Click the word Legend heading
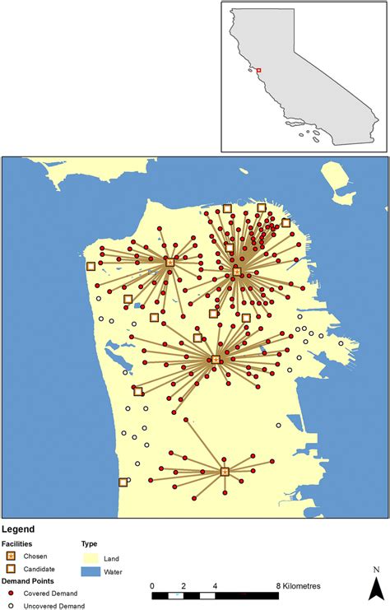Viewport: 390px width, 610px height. (18, 530)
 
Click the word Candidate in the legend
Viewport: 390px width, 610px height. (41, 569)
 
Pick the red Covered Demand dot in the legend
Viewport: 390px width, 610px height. (12, 594)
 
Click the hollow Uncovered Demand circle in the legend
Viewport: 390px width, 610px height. (12, 605)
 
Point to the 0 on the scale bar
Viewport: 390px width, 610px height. (153, 586)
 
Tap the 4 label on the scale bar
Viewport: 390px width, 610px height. (215, 586)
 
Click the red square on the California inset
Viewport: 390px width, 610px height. (258, 71)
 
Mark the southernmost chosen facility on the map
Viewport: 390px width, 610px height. (225, 472)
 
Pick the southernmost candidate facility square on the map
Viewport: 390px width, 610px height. (123, 482)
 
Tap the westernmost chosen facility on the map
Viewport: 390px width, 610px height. (169, 263)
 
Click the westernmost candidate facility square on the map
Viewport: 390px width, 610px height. (91, 266)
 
